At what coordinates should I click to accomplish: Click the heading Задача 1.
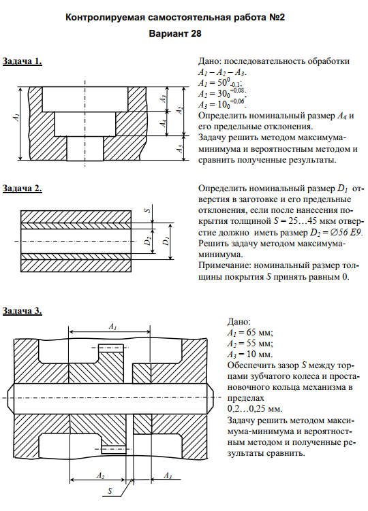(22, 61)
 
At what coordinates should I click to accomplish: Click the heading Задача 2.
(22, 188)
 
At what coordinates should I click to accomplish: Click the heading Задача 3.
(22, 310)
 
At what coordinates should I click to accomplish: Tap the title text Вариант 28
(175, 33)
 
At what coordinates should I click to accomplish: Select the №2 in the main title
(277, 17)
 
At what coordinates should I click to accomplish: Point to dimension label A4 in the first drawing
(164, 123)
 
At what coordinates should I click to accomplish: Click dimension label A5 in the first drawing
(179, 148)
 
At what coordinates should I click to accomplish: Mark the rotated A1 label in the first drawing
(16, 117)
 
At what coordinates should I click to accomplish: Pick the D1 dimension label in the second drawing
(166, 241)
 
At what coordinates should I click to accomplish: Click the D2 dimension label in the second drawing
(148, 241)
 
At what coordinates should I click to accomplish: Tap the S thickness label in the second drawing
(148, 210)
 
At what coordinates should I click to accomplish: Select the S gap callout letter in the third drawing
(110, 491)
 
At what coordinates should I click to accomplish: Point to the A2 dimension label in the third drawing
(101, 476)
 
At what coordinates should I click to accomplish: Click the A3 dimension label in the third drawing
(168, 476)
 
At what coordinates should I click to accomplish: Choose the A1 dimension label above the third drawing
(112, 326)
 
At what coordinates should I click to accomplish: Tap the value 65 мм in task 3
(258, 333)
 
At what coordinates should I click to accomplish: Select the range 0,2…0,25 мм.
(255, 409)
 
